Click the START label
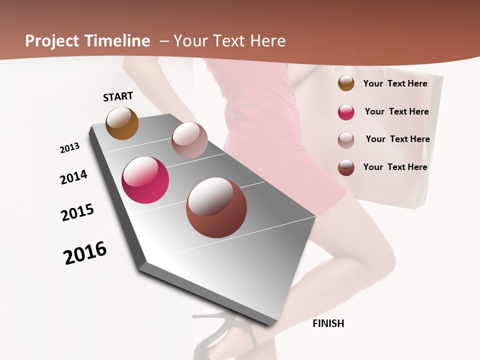pos(118,96)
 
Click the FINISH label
pos(328,323)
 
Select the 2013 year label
pos(70,148)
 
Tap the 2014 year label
pos(74,177)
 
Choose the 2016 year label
pos(85,253)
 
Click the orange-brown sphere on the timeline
pos(122,123)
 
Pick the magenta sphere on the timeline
pos(145,180)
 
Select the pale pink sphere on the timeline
pos(189,140)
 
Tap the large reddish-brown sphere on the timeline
pos(216,207)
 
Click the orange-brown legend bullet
pos(346,83)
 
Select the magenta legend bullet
pos(346,112)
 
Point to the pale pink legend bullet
pos(346,140)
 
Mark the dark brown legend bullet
pos(346,167)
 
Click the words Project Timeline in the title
pos(87,41)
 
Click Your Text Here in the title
pos(229,41)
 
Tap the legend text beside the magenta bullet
pos(396,111)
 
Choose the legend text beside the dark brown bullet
pos(395,167)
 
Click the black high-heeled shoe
pos(220,335)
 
